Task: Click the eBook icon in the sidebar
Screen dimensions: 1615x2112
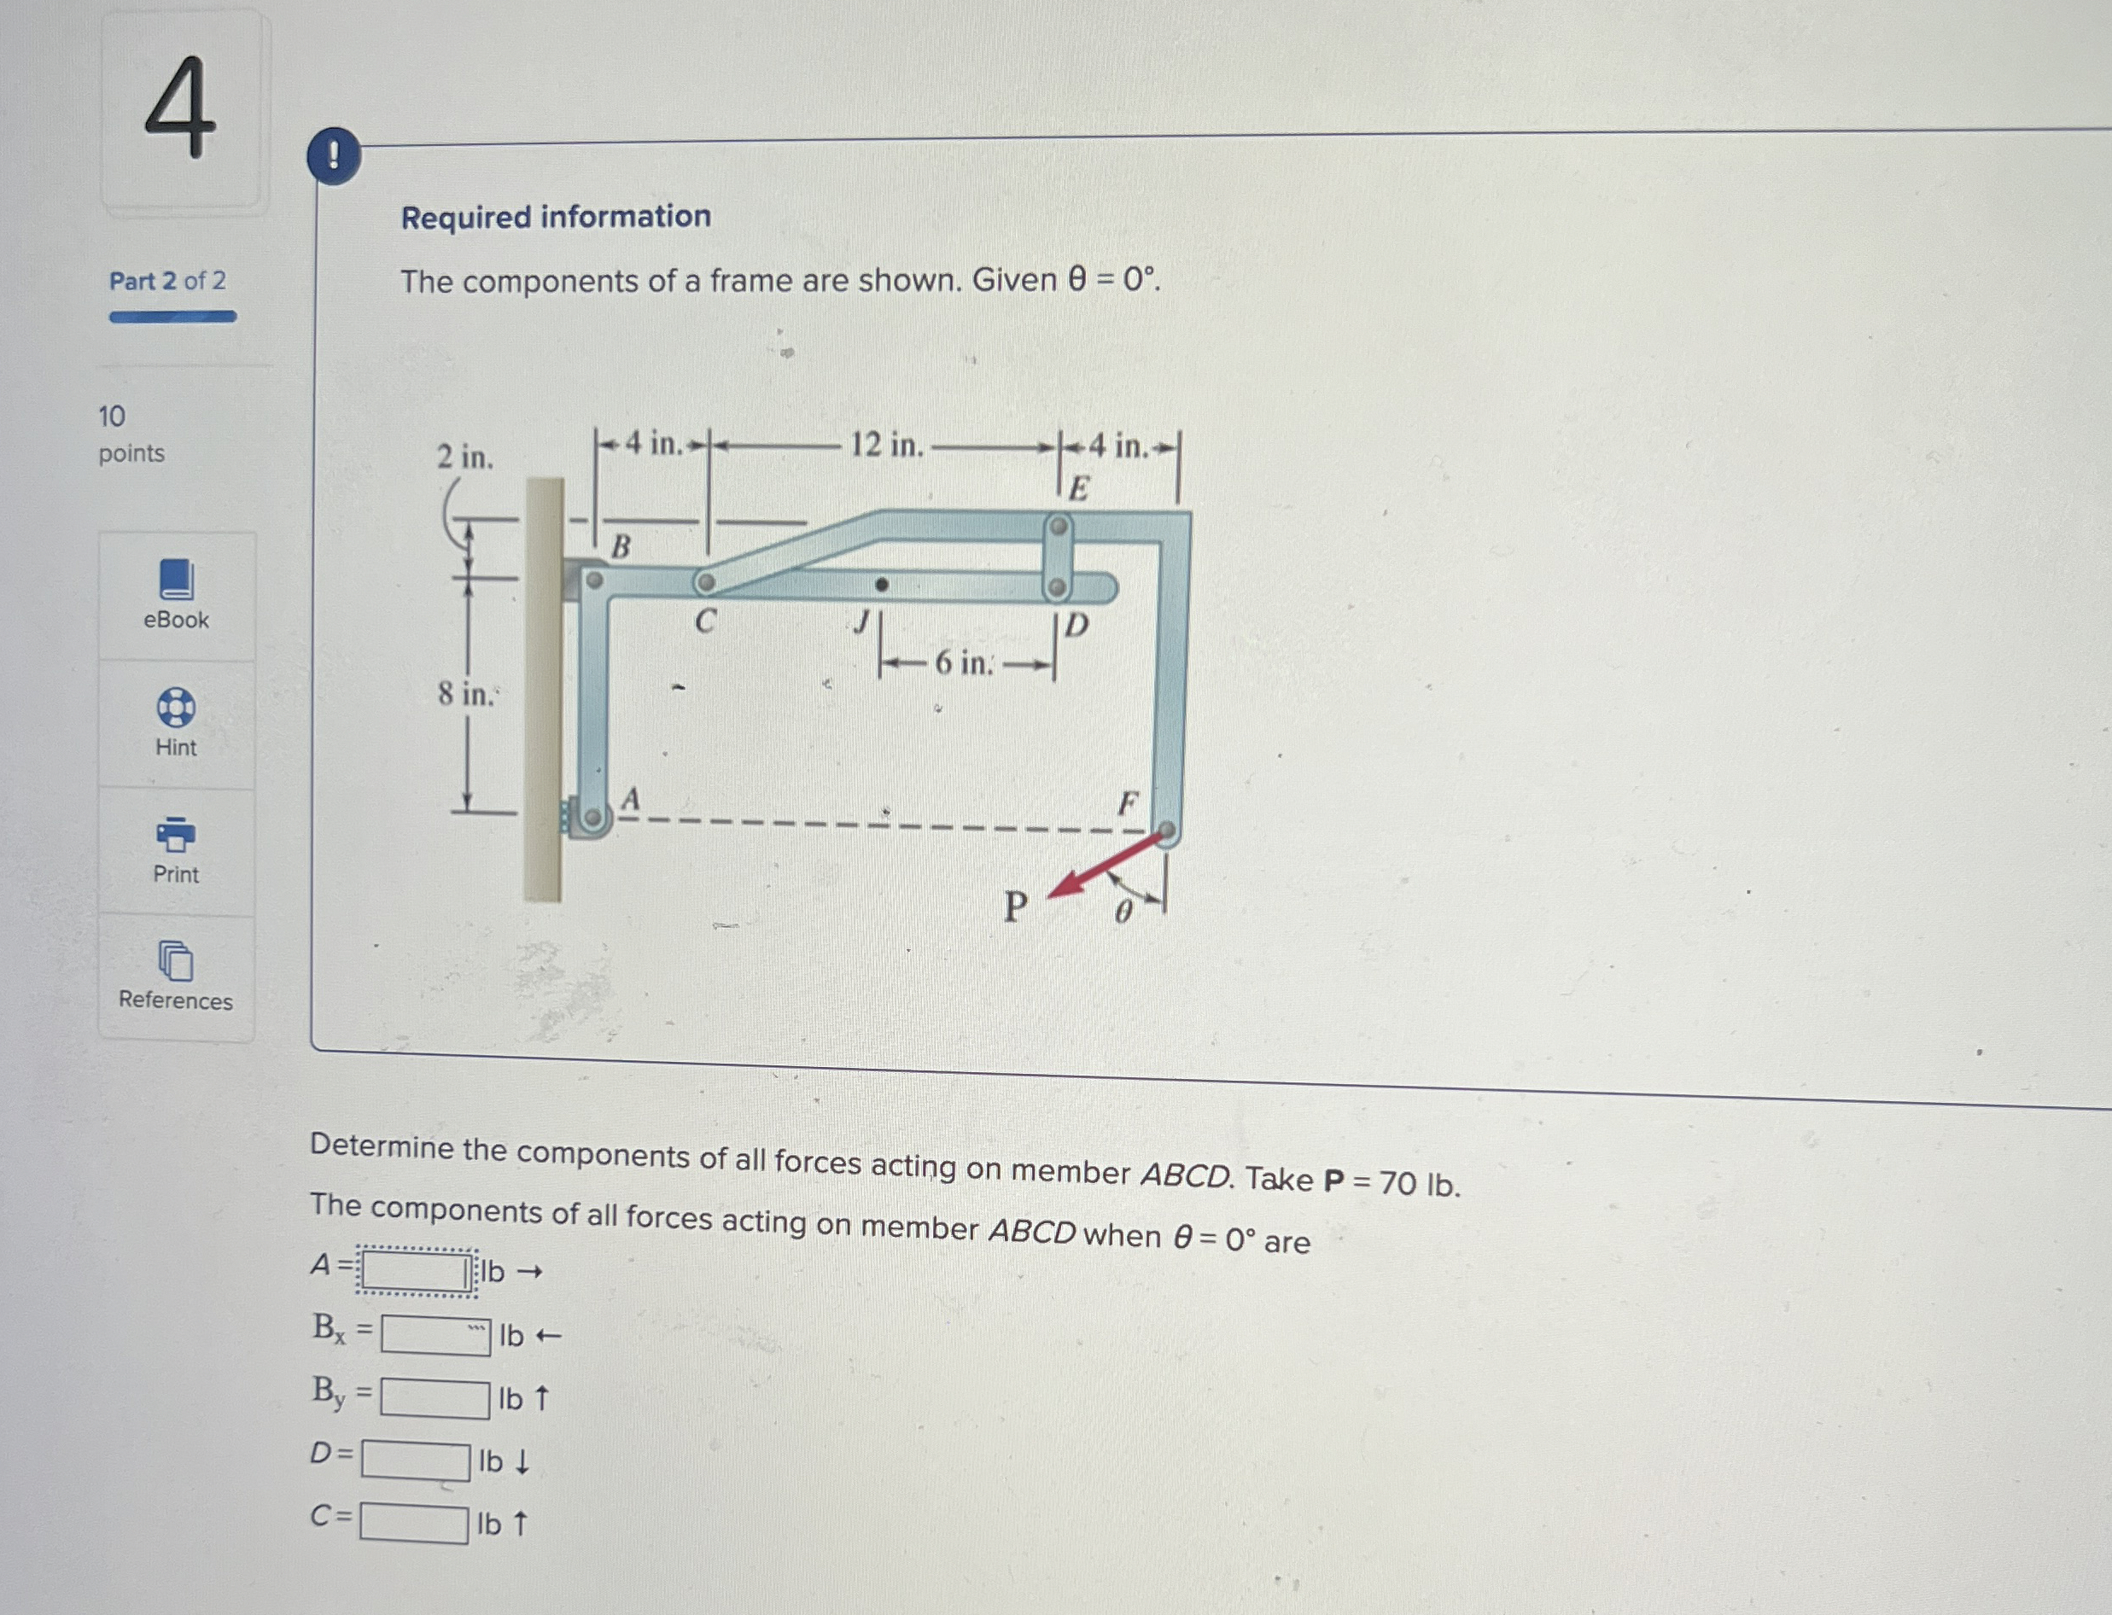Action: [177, 580]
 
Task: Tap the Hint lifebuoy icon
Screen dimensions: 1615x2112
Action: [176, 708]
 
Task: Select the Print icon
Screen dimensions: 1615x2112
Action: [176, 835]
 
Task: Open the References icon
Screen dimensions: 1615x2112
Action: [176, 960]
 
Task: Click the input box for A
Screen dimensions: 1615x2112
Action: [415, 1273]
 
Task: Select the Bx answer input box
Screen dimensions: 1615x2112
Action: [435, 1335]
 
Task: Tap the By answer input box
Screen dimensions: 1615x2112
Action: [435, 1399]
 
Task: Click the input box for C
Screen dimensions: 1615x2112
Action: [414, 1523]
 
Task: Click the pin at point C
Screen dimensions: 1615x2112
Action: [706, 582]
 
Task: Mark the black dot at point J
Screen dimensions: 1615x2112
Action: [882, 584]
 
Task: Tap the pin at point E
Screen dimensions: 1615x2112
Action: [1058, 527]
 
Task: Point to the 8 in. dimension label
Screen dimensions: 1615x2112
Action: [466, 693]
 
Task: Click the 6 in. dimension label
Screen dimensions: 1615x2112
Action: [964, 663]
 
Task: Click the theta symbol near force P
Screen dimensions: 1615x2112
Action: [1123, 912]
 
